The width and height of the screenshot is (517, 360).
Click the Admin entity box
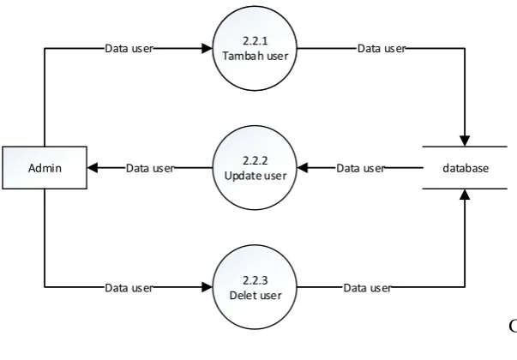coord(45,168)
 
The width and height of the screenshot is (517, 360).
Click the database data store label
coord(466,168)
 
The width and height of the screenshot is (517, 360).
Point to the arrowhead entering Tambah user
coord(207,49)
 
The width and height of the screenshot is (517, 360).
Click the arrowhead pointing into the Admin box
coord(93,168)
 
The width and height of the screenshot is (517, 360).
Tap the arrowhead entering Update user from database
coord(303,168)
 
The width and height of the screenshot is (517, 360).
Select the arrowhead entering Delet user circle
coord(207,287)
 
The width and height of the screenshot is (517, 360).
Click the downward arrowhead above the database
coord(465,141)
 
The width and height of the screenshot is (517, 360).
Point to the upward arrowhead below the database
coord(465,195)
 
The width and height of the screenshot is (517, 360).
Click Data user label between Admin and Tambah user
coord(129,49)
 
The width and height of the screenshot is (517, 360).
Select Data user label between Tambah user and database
coord(382,49)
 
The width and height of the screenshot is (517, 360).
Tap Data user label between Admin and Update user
coord(150,168)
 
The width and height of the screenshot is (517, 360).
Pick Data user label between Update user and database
coord(360,168)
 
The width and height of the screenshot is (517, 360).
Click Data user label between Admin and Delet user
coord(129,288)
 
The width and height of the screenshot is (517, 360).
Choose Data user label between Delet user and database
coord(367,288)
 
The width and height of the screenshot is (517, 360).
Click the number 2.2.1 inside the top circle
coord(255,41)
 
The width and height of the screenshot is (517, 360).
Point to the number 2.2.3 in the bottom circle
coord(255,280)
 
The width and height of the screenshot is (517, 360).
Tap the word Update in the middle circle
coord(241,176)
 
